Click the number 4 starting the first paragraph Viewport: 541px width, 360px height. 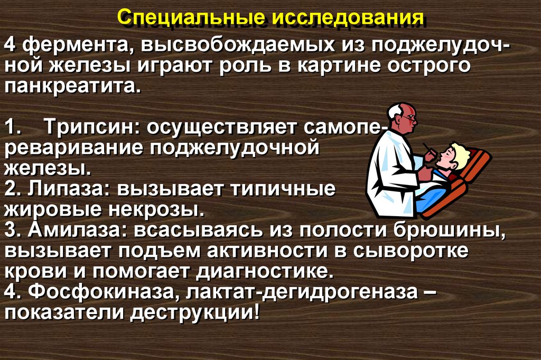[12, 47]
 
